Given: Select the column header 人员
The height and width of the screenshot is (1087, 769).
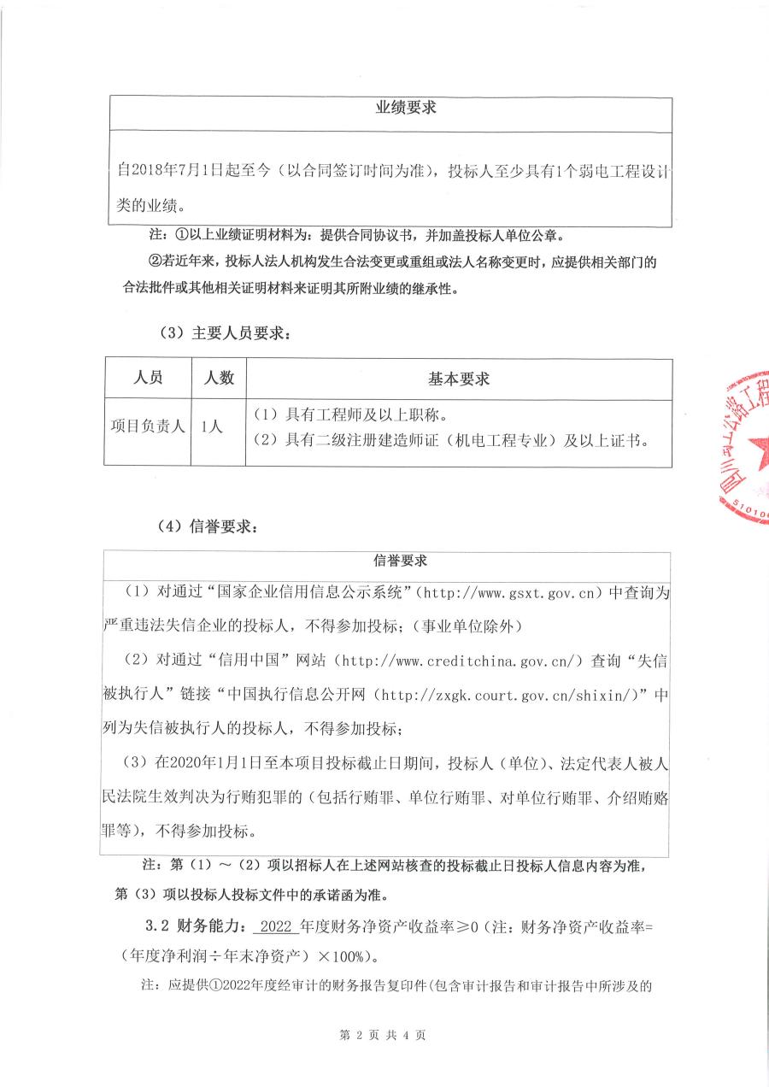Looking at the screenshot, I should click(x=149, y=378).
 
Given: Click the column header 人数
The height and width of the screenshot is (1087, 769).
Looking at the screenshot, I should click(x=218, y=378).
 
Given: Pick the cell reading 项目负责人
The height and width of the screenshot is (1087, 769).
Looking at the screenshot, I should click(x=149, y=426).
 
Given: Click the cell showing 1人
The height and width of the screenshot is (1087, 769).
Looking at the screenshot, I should click(x=211, y=426).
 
